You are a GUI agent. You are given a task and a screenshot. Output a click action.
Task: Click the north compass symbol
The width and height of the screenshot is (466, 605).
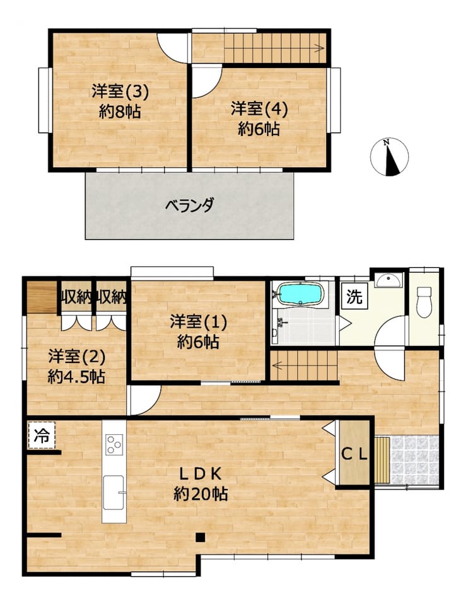tap(389, 157)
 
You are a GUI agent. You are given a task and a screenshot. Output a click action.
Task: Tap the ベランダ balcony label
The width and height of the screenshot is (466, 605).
tap(190, 205)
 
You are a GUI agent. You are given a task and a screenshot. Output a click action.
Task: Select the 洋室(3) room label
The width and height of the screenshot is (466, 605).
tap(120, 91)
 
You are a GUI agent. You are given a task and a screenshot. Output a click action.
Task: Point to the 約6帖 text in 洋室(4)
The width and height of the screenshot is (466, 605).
tap(259, 129)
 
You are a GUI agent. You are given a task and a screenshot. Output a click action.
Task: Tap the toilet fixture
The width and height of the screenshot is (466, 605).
tap(424, 302)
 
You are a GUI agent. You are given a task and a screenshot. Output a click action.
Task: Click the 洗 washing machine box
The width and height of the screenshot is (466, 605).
tap(354, 297)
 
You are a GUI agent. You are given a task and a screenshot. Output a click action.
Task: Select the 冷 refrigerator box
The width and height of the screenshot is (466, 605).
tap(42, 435)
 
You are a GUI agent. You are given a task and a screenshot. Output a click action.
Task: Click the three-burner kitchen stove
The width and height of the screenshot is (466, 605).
tap(114, 444)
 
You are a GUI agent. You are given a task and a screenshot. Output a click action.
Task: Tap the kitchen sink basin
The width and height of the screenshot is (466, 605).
tap(114, 493)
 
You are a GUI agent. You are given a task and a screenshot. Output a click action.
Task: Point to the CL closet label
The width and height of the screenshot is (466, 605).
tap(354, 454)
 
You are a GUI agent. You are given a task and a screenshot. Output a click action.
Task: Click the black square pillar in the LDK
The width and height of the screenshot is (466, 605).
tap(200, 537)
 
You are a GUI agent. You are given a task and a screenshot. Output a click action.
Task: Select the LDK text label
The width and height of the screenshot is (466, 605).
tap(200, 474)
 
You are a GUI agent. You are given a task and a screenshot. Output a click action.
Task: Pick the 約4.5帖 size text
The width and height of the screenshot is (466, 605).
tap(76, 376)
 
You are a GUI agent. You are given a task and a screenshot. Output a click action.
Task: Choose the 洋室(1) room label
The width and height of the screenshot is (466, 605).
tap(199, 322)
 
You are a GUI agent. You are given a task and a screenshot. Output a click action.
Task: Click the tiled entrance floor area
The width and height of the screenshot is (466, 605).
tap(415, 459)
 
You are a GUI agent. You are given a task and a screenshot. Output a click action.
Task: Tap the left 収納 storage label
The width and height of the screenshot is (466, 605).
tap(76, 297)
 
